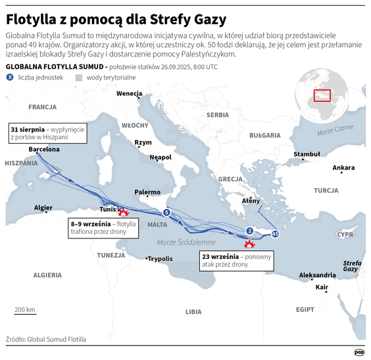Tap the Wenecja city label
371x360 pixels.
[x=129, y=93]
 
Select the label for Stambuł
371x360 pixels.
[x=307, y=154]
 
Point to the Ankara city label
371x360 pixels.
[x=343, y=168]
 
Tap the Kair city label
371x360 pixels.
[x=322, y=288]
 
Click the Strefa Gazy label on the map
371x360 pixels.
[x=352, y=266]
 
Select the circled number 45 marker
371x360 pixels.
[x=275, y=234]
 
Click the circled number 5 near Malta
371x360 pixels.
[x=166, y=213]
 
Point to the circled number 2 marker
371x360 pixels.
[x=249, y=230]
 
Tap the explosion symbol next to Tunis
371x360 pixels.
[x=122, y=212]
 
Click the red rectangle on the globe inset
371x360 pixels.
[x=322, y=96]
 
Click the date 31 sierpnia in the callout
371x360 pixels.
[x=28, y=129]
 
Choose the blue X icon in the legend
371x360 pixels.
[x=10, y=78]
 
